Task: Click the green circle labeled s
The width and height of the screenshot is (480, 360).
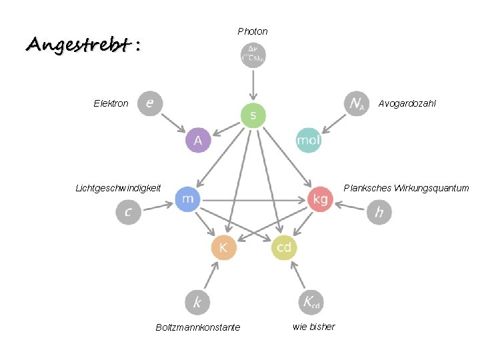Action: point(253,115)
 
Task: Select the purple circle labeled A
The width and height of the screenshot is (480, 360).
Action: point(198,140)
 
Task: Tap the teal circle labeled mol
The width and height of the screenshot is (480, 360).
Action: point(309,140)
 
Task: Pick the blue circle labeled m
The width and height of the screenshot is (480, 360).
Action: point(187,199)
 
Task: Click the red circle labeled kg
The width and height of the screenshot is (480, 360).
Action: point(320,199)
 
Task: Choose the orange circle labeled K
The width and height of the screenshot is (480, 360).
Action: point(223,248)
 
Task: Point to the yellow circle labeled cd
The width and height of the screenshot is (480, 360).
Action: point(284,248)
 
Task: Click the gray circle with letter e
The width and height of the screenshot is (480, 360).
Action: point(150,103)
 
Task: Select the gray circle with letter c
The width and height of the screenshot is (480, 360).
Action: point(128,212)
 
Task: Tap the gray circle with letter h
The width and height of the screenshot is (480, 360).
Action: point(379,212)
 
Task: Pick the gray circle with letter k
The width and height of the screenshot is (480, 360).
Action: point(197,302)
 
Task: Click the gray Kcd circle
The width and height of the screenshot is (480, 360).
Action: point(311,302)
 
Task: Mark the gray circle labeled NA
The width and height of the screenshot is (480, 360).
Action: point(357,103)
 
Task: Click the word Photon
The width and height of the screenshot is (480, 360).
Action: point(253,31)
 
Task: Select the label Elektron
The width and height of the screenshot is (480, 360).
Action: point(111,103)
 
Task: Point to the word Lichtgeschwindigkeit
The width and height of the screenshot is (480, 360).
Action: point(118,188)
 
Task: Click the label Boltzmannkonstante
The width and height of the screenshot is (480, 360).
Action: point(198,327)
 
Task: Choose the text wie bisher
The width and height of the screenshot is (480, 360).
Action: point(314,327)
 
